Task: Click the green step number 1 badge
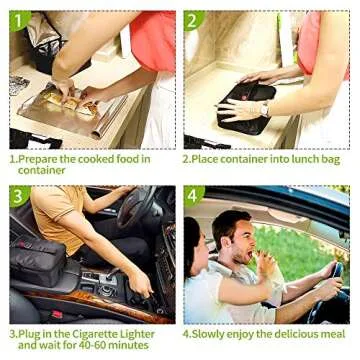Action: click(x=19, y=20)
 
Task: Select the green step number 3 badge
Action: click(x=19, y=195)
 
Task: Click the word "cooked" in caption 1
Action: click(x=95, y=159)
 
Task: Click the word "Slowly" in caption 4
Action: click(x=208, y=334)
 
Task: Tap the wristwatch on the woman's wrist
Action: click(x=265, y=109)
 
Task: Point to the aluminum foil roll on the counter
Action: click(x=109, y=117)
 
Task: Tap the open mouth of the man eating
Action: click(x=249, y=255)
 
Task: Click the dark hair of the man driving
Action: click(x=230, y=223)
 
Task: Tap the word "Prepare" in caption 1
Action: click(x=37, y=159)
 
